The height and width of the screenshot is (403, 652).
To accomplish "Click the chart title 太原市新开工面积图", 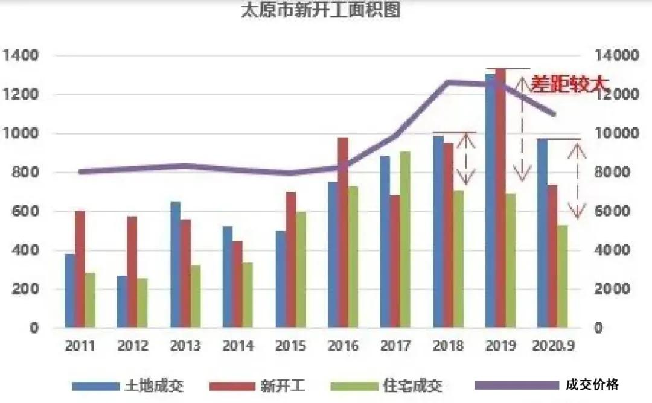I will point(321,10).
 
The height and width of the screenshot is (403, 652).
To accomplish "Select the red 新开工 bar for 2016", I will point(343,232).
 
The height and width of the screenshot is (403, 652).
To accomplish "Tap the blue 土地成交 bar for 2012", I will point(122,302).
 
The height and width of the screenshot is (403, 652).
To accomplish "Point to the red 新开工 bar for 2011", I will point(80,269).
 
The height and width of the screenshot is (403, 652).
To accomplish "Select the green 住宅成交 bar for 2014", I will point(248,295).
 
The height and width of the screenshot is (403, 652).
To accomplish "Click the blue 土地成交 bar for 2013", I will point(175,265).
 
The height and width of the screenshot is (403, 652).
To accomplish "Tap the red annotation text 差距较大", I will point(567,84).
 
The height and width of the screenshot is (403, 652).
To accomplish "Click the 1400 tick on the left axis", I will point(21,56).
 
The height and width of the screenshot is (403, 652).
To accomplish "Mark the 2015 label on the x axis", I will point(290,346).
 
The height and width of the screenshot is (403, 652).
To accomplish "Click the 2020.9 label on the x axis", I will point(552,346).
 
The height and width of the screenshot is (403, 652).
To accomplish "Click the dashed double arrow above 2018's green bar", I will point(466,159).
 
